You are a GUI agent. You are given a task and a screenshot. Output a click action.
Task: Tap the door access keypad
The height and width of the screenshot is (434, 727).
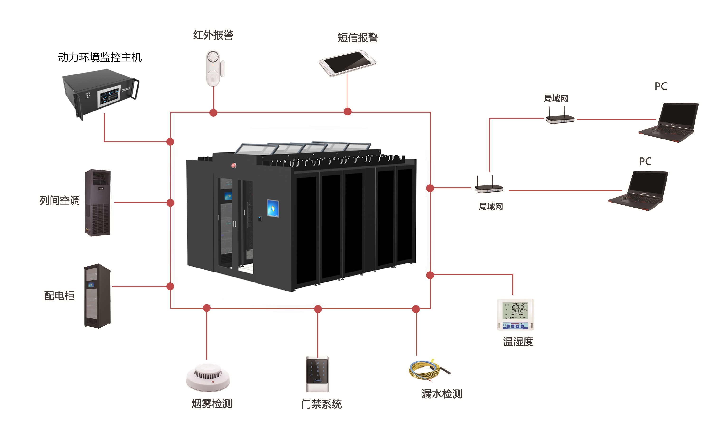pyautogui.click(x=317, y=374)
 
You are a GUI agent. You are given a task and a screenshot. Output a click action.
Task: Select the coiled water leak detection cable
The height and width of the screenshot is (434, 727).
pyautogui.click(x=427, y=370)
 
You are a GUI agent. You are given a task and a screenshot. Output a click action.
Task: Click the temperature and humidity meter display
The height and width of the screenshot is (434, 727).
pyautogui.click(x=515, y=311)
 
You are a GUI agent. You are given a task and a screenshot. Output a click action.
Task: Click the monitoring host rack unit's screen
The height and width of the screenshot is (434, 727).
pyautogui.click(x=109, y=96)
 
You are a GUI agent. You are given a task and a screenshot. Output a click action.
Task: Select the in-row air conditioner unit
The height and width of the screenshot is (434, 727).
pyautogui.click(x=98, y=202)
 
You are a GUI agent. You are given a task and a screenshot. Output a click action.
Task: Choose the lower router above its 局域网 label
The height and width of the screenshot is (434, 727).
pyautogui.click(x=489, y=186)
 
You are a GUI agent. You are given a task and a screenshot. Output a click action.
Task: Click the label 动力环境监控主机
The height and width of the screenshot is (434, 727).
pyautogui.click(x=100, y=57)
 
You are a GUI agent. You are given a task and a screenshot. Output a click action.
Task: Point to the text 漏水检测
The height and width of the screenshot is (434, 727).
pyautogui.click(x=442, y=394)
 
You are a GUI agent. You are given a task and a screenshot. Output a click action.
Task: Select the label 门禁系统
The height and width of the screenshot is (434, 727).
pyautogui.click(x=321, y=404)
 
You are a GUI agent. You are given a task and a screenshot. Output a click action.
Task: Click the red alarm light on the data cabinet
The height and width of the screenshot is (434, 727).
pyautogui.click(x=233, y=166)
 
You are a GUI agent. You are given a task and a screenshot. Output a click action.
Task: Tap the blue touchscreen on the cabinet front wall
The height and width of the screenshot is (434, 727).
pyautogui.click(x=273, y=208)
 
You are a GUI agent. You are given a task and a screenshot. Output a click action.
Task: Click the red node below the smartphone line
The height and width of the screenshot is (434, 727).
pyautogui.click(x=347, y=112)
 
